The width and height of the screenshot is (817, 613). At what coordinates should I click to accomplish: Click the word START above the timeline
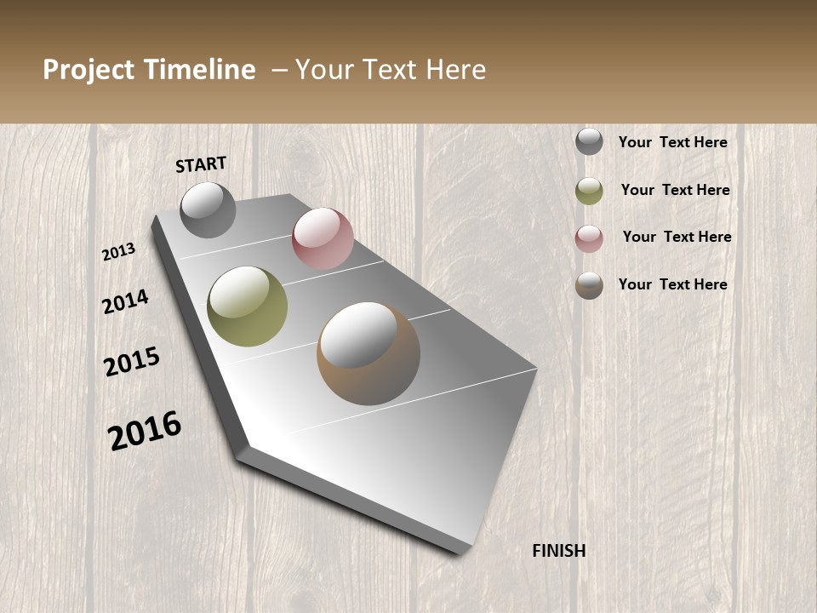pyautogui.click(x=201, y=163)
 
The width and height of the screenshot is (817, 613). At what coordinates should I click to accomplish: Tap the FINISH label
pyautogui.click(x=559, y=551)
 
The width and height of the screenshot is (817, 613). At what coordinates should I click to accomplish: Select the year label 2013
pyautogui.click(x=118, y=252)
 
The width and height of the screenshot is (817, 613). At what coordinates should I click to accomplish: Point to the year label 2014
pyautogui.click(x=125, y=302)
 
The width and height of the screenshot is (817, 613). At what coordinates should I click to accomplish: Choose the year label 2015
pyautogui.click(x=132, y=362)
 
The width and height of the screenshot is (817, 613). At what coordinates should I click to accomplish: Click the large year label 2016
pyautogui.click(x=145, y=430)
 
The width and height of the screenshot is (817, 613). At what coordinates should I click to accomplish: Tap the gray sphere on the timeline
pyautogui.click(x=208, y=209)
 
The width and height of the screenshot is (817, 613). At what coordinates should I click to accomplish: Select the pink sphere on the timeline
pyautogui.click(x=323, y=238)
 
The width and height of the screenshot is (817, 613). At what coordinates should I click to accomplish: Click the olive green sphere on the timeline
pyautogui.click(x=248, y=306)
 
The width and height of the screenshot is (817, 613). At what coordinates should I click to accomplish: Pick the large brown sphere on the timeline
pyautogui.click(x=369, y=353)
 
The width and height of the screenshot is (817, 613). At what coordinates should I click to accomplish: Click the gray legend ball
pyautogui.click(x=589, y=141)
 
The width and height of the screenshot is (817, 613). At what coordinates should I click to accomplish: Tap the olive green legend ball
pyautogui.click(x=589, y=191)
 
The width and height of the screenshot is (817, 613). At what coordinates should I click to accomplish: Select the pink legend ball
pyautogui.click(x=589, y=238)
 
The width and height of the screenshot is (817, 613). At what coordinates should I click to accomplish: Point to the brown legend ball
pyautogui.click(x=589, y=285)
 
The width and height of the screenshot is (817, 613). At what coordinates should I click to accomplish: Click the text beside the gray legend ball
pyautogui.click(x=672, y=142)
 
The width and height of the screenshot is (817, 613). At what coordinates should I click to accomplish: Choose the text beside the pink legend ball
pyautogui.click(x=677, y=237)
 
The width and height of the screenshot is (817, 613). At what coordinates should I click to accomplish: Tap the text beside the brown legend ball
pyautogui.click(x=672, y=284)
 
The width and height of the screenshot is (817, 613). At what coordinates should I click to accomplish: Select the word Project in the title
pyautogui.click(x=88, y=70)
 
